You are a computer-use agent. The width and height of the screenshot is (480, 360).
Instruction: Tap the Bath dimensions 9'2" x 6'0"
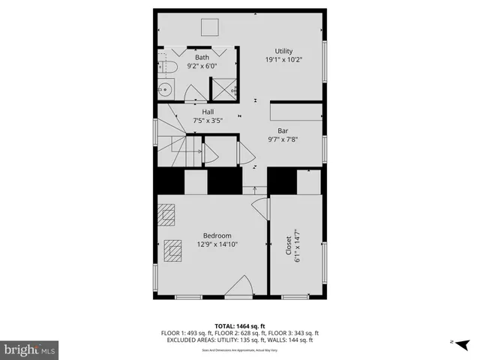click(202, 65)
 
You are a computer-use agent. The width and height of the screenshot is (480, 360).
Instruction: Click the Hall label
click(208, 112)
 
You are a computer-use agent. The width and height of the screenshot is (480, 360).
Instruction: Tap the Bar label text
click(283, 130)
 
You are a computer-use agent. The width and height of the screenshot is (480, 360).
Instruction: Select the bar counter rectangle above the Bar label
click(295, 110)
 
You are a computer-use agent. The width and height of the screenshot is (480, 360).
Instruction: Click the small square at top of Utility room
click(209, 27)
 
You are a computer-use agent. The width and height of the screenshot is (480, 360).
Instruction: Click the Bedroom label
click(217, 235)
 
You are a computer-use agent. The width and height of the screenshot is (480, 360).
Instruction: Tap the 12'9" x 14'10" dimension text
click(217, 244)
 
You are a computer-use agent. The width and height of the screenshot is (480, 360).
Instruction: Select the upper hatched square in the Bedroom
click(166, 214)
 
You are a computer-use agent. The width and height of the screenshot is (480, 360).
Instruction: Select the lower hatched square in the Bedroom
click(174, 249)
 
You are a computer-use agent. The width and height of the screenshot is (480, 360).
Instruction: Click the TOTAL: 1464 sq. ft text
click(240, 325)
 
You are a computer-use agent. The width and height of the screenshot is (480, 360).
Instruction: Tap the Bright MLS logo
click(30, 349)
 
